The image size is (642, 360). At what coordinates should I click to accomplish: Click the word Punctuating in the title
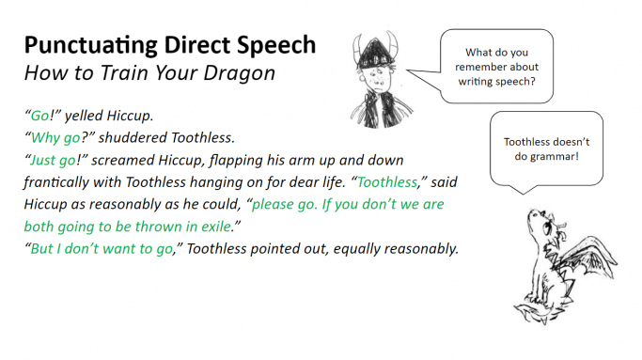(91, 45)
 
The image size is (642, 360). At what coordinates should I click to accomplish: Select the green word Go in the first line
(39, 116)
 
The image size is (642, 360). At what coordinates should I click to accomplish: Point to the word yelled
(84, 116)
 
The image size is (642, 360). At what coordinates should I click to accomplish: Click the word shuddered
(133, 137)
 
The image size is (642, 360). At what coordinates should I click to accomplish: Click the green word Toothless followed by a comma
(387, 181)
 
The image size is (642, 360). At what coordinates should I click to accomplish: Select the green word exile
(216, 227)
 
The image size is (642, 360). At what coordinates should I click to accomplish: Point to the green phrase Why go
(55, 138)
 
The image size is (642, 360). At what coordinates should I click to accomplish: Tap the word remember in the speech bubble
(476, 67)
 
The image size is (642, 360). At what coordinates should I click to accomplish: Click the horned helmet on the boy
(375, 51)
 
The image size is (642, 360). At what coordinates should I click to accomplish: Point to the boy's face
(378, 79)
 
